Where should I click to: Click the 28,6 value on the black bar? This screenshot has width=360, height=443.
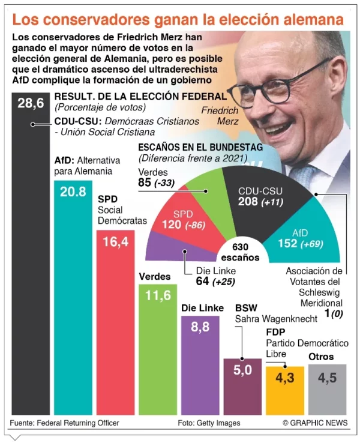pyautogui.click(x=30, y=103)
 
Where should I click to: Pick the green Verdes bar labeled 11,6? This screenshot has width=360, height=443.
pyautogui.click(x=158, y=348)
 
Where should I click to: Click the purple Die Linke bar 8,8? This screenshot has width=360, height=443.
pyautogui.click(x=200, y=366)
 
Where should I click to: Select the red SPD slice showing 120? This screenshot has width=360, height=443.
pyautogui.click(x=183, y=220)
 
